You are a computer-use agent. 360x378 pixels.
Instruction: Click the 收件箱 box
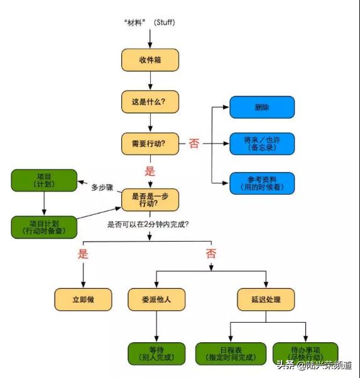[150, 60]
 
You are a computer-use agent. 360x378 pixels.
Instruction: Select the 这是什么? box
[150, 101]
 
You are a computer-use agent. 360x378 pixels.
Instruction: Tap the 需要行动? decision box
[150, 143]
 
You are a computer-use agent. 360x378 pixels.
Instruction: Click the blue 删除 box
[261, 107]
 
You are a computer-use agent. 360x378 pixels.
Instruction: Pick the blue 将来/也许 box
[261, 143]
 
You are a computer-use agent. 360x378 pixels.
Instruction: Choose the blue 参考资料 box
[261, 183]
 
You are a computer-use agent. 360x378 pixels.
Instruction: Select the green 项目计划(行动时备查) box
[44, 227]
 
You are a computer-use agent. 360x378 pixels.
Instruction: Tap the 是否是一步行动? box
[150, 199]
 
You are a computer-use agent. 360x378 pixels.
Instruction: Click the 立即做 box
[83, 300]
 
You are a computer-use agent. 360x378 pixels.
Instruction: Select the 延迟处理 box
[265, 300]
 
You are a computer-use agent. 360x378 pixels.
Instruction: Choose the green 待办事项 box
[305, 354]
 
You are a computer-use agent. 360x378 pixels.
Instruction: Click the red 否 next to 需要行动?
[194, 144]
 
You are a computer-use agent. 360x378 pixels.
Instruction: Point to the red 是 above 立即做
[83, 254]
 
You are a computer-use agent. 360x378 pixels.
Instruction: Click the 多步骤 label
[102, 187]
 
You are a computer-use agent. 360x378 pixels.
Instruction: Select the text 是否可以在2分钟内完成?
[150, 222]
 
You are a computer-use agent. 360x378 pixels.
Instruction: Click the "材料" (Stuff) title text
[150, 22]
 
